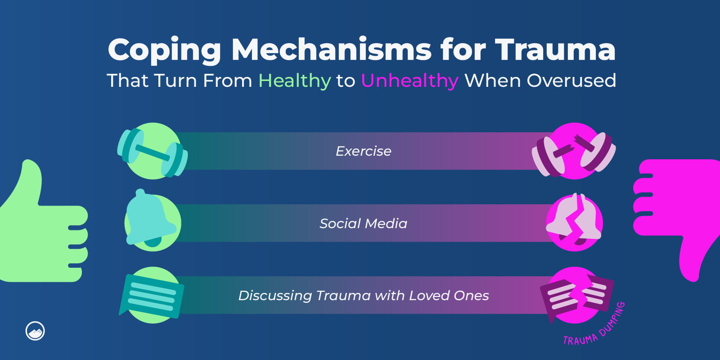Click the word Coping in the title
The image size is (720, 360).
[x=164, y=50]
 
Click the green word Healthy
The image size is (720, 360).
[x=295, y=81]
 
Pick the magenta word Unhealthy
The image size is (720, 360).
[x=409, y=81]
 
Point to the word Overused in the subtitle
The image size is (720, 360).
[x=571, y=81]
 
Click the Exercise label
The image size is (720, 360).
[x=364, y=151]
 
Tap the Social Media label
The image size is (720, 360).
[x=364, y=223]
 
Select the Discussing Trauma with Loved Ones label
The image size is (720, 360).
[x=364, y=295]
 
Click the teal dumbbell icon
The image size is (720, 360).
[x=152, y=152]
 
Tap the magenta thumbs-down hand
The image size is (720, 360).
[x=679, y=211]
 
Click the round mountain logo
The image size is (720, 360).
[x=35, y=331]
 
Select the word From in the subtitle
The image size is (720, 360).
[x=228, y=81]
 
